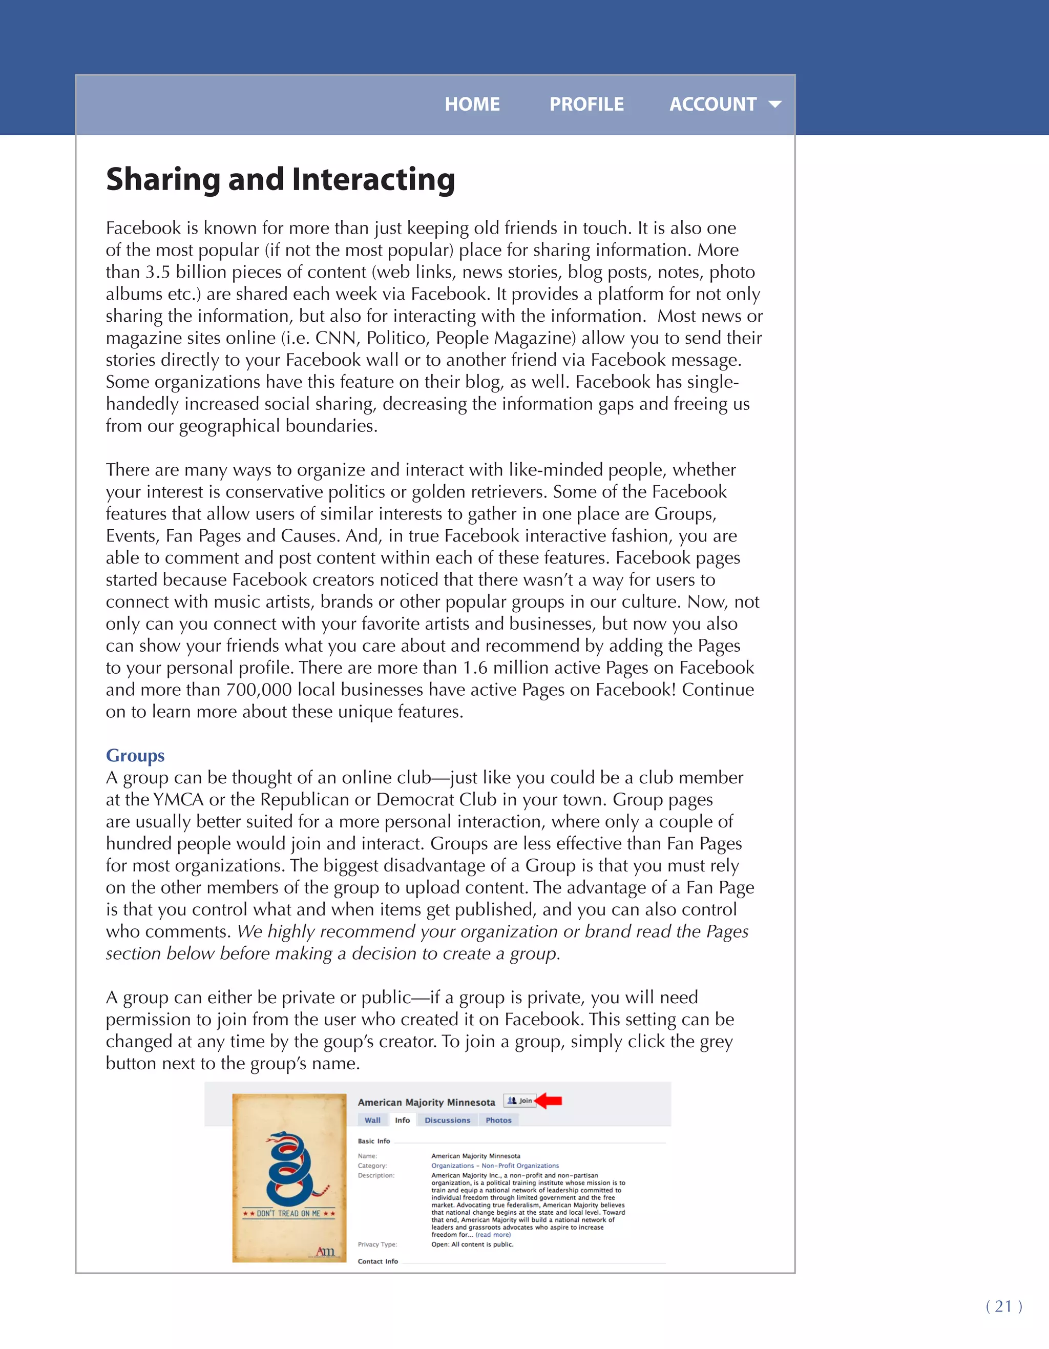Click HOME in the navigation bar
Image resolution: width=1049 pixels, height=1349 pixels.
(472, 104)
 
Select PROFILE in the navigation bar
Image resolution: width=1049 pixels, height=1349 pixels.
(586, 104)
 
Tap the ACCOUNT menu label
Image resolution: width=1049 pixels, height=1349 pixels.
(712, 104)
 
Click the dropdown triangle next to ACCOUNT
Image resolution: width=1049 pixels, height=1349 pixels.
(775, 105)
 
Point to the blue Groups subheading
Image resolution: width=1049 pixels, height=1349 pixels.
(135, 755)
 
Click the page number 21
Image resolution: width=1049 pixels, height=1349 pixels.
(1003, 1306)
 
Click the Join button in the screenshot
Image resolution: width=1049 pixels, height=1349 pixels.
(520, 1101)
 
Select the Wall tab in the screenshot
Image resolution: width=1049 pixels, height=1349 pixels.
(372, 1120)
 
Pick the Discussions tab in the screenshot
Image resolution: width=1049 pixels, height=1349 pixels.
(447, 1120)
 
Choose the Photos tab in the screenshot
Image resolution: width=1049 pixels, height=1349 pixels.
(498, 1120)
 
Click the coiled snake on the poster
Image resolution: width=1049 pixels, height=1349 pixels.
(289, 1168)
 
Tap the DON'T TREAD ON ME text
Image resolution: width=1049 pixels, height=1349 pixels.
(288, 1213)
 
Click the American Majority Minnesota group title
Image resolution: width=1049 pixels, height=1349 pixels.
(426, 1102)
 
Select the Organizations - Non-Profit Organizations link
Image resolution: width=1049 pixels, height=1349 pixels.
(495, 1166)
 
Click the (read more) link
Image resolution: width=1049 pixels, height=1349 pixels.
(493, 1235)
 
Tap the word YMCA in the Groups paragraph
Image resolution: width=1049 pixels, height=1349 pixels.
(178, 799)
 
